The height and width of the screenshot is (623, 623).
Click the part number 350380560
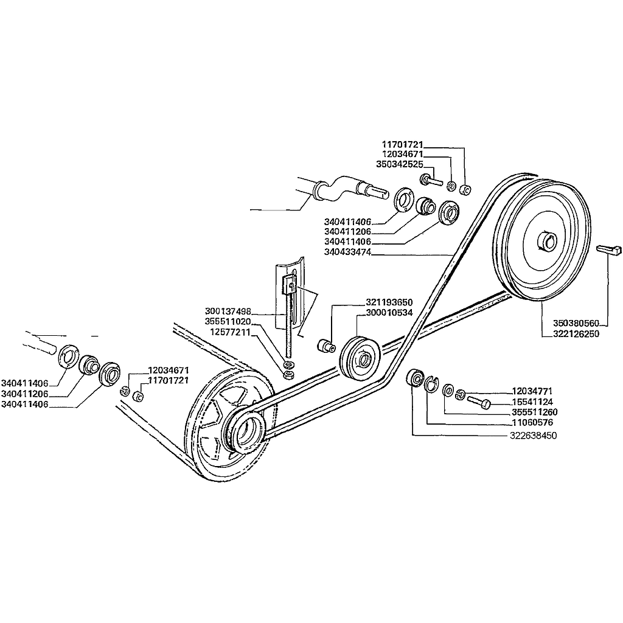click(577, 323)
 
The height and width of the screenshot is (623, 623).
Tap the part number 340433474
click(348, 252)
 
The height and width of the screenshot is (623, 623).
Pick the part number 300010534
click(389, 313)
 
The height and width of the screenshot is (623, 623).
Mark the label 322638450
click(533, 436)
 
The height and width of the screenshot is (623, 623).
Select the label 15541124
click(533, 402)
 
